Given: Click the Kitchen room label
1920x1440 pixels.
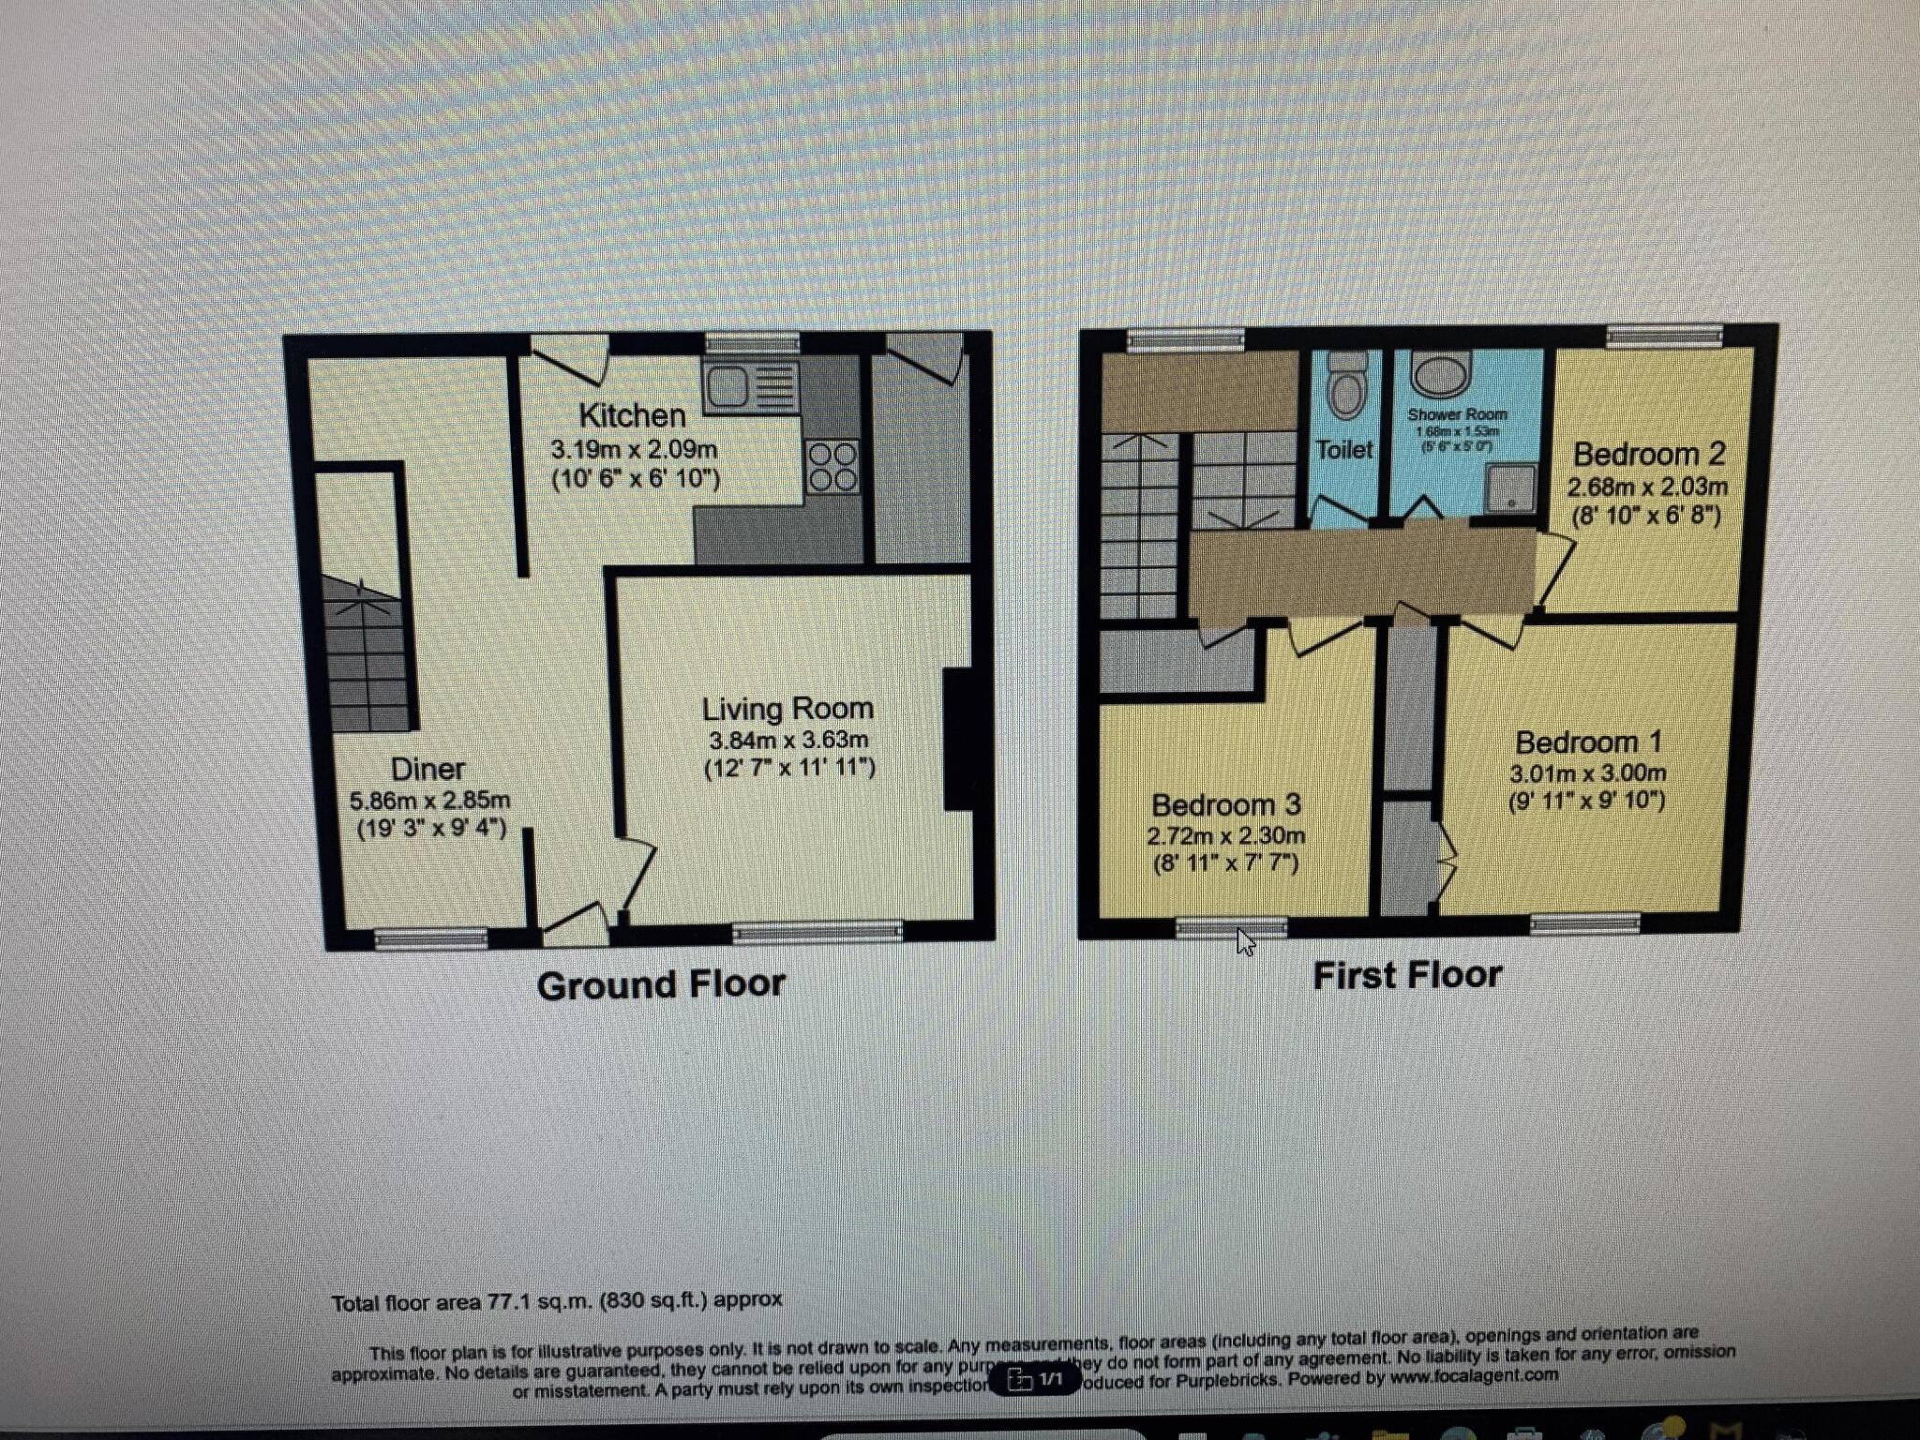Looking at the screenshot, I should click(632, 415).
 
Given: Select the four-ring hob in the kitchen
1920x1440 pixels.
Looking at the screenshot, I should click(832, 467).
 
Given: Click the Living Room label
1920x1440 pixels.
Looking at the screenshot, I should click(787, 709).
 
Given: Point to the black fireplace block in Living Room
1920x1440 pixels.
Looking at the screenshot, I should click(957, 738).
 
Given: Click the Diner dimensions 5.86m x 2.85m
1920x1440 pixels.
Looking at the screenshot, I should click(429, 801).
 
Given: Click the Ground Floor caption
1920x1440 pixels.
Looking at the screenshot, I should click(661, 984).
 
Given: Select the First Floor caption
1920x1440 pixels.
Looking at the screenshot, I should click(1406, 976).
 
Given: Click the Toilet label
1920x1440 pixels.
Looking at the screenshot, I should click(1344, 450).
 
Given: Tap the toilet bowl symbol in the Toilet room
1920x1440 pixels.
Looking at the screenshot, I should click(1346, 388).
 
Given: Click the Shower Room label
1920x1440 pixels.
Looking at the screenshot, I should click(1457, 414).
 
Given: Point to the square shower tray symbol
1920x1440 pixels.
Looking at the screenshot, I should click(1510, 487).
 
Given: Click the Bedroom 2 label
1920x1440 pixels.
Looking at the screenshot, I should click(1648, 455).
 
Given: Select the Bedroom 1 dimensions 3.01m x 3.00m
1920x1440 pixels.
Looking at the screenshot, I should click(1587, 773).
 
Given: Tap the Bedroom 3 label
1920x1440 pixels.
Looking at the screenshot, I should click(1225, 805).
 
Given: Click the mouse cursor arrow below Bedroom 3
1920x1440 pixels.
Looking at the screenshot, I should click(1245, 941).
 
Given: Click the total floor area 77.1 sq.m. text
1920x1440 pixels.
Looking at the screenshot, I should click(556, 1301).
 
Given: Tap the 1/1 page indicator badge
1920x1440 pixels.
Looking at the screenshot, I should click(1035, 1379).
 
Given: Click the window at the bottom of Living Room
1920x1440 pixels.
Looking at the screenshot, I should click(817, 931).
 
